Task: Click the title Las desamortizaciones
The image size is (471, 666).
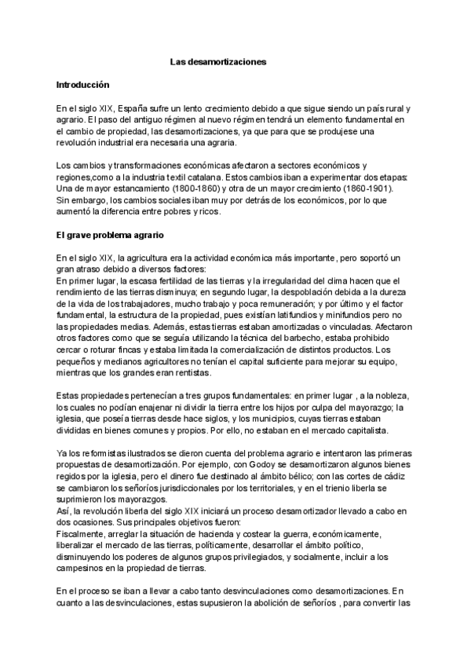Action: (219, 60)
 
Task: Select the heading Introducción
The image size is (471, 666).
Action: (82, 83)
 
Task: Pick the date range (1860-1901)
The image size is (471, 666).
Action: (371, 188)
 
